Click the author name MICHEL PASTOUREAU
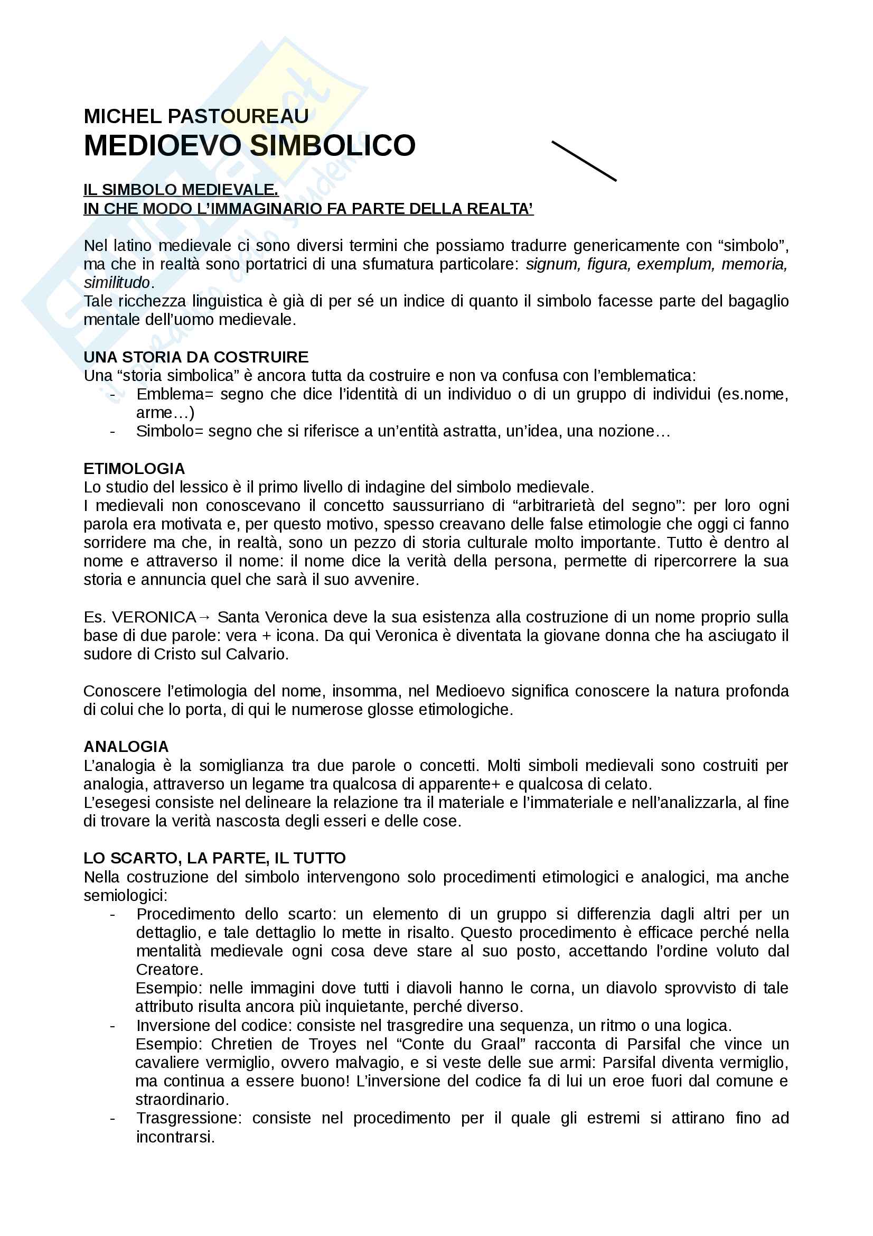[196, 116]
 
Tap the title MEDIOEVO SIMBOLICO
[250, 145]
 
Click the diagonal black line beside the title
[584, 161]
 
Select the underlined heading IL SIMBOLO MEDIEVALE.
[181, 190]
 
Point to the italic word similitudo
[117, 283]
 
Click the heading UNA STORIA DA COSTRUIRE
[196, 357]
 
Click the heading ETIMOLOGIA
[134, 468]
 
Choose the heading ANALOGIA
[126, 747]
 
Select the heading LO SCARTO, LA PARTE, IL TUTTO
[214, 858]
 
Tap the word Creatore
[169, 970]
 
